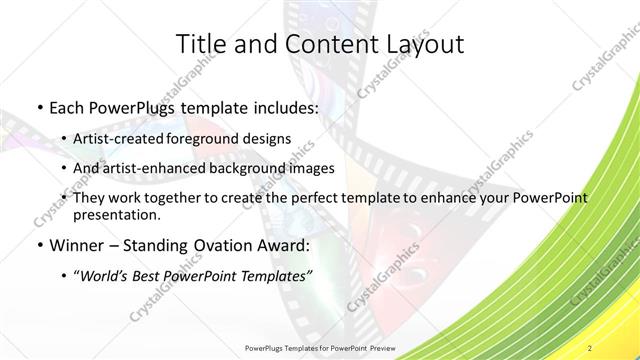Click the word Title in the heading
coord(200,44)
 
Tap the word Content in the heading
coord(319,44)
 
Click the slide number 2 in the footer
coord(591,347)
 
